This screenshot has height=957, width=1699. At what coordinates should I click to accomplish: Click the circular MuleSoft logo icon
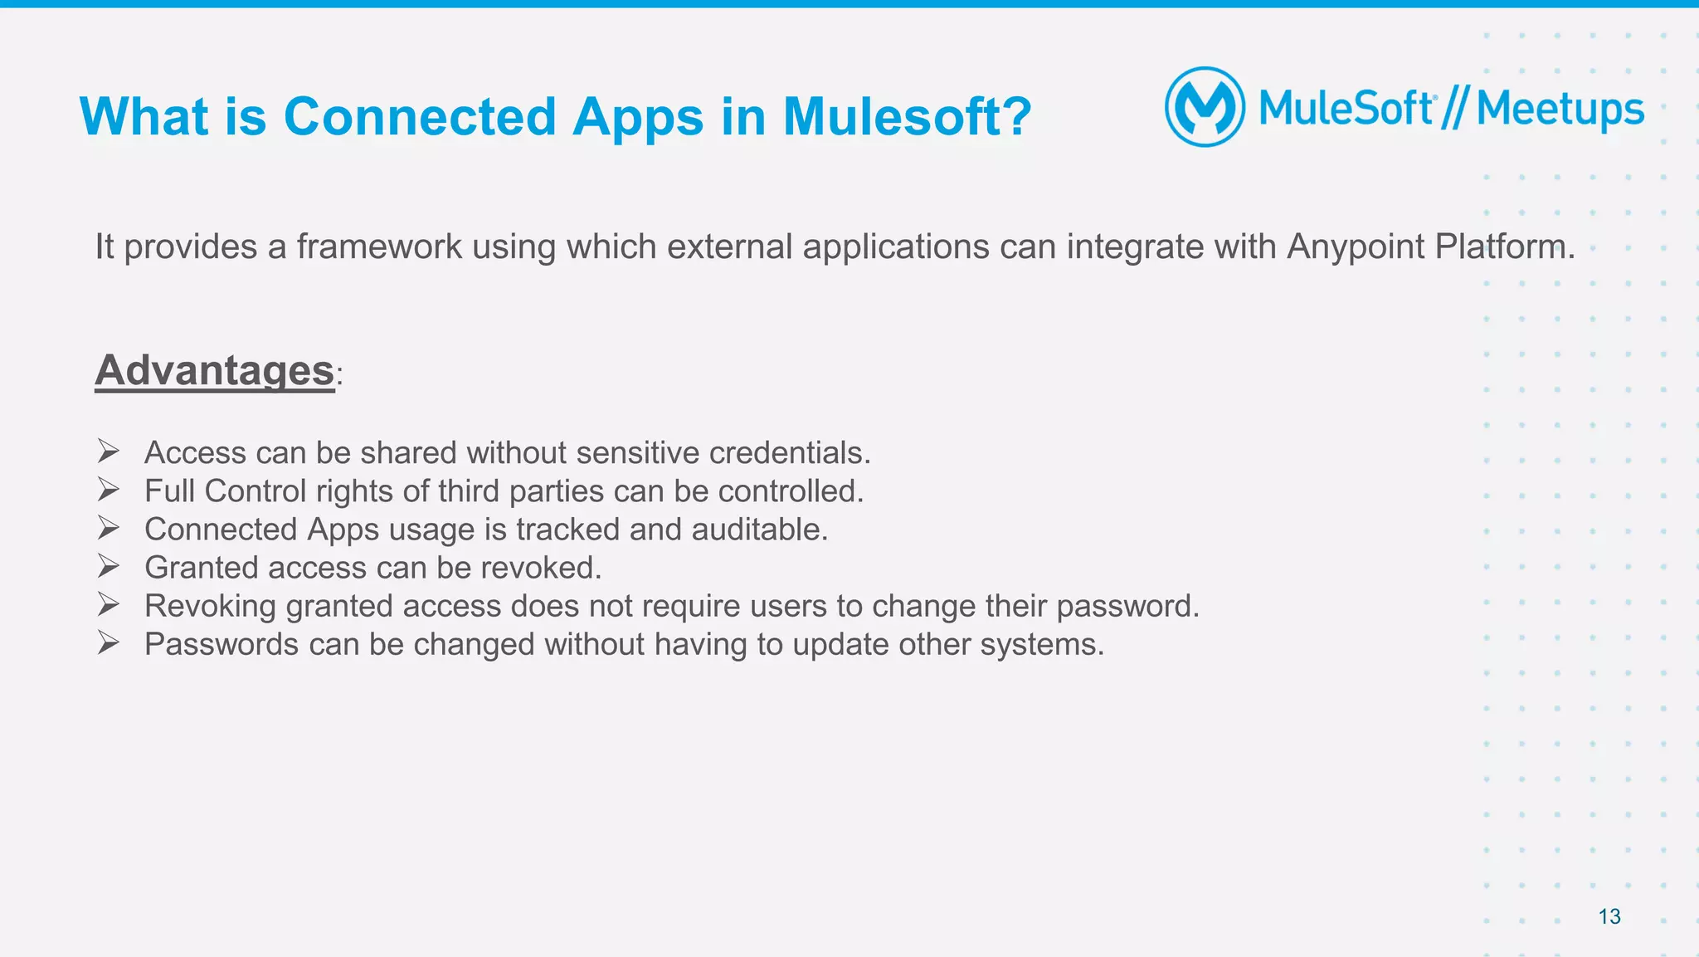click(x=1205, y=107)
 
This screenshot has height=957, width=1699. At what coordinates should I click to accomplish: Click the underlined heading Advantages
click(x=215, y=370)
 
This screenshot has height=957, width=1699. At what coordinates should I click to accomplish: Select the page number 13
click(x=1609, y=916)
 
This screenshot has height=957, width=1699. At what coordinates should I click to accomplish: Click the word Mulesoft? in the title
click(x=907, y=116)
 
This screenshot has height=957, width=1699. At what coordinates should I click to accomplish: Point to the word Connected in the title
click(x=419, y=116)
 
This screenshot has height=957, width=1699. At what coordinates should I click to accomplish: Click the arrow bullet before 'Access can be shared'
click(x=109, y=452)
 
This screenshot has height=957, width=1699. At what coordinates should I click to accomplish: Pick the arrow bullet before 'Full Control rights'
click(x=109, y=490)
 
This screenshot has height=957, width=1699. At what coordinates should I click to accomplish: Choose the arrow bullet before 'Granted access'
click(x=109, y=566)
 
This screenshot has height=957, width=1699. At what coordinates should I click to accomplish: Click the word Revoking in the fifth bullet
click(x=210, y=607)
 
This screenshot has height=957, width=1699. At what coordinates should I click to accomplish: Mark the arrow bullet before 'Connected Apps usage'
click(x=109, y=528)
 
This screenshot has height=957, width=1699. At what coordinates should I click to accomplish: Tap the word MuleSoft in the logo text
click(x=1346, y=109)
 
